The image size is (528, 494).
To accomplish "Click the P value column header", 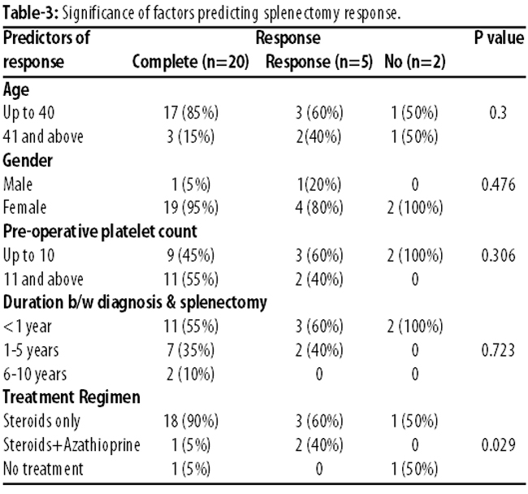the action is point(499,37).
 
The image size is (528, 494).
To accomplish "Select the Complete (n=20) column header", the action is point(191,62).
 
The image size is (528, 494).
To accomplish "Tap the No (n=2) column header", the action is point(415,62).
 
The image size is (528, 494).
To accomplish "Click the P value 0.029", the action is point(499,444).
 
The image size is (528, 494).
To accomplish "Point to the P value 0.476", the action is point(499,184).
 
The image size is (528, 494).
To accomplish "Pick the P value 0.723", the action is point(499,350).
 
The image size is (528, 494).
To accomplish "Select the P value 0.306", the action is point(499,255).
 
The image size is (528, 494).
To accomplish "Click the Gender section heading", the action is point(28,160).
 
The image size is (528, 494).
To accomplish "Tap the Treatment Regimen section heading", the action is point(71,397).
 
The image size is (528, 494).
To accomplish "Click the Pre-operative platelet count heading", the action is point(100,232).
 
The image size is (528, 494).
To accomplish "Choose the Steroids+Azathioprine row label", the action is point(71,444).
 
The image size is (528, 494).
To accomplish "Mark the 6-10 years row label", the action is point(35,374).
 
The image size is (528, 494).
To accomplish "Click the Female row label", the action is point(24,207).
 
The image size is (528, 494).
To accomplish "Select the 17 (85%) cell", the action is point(191,112).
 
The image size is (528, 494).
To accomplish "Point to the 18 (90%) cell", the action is point(191,421).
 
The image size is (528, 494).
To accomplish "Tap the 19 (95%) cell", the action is point(191,207).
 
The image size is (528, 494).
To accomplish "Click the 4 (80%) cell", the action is point(319,207).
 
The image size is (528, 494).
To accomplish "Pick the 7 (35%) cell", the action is point(191,350).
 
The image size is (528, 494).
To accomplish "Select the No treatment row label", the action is point(43,469).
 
